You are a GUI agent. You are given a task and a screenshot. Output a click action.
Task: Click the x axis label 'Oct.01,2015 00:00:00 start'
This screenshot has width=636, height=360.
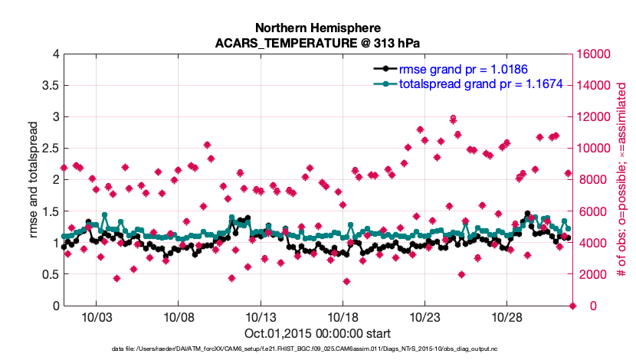coord(318,334)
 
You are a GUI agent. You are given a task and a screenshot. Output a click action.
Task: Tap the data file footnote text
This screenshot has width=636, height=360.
coord(318,349)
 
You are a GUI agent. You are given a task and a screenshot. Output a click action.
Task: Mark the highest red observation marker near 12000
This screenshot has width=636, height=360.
coord(454,119)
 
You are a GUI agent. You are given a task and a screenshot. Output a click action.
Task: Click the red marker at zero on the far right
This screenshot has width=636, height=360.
coord(573,306)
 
